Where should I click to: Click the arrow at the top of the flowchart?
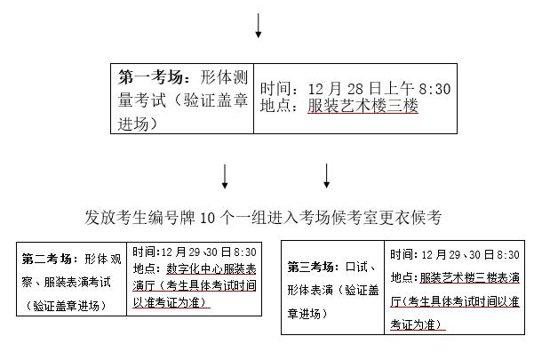259,26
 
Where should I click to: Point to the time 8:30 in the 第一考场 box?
431,88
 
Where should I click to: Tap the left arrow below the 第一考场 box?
225,176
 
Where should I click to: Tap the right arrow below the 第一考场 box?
327,176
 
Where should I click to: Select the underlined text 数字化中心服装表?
211,268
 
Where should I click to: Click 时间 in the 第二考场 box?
145,252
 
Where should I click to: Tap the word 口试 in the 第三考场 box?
359,267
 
